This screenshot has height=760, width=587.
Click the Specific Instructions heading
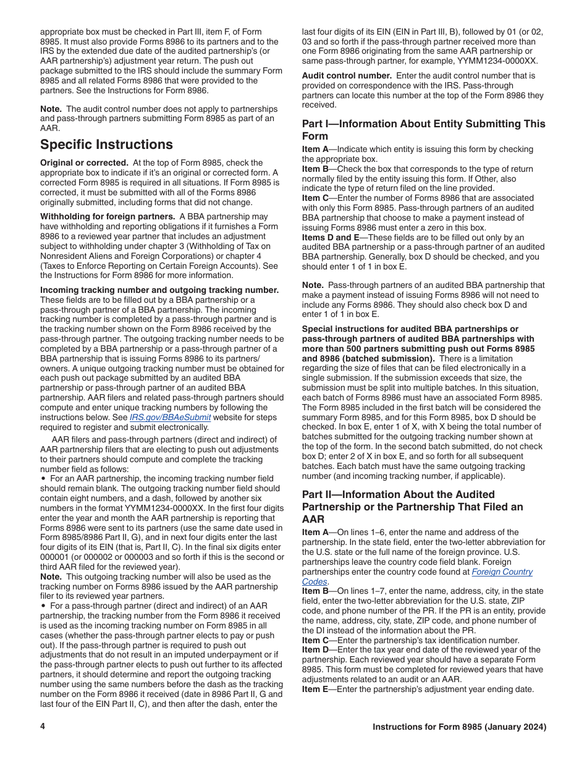pyautogui.click(x=106, y=145)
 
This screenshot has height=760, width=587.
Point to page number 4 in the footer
pyautogui.click(x=43, y=727)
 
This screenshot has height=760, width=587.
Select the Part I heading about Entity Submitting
pyautogui.click(x=423, y=130)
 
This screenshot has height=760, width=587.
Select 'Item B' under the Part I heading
pyautogui.click(x=316, y=169)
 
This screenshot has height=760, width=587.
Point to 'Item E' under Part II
pyautogui.click(x=316, y=690)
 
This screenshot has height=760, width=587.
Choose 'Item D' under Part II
pyautogui.click(x=316, y=650)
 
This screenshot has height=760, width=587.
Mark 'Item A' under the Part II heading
pyautogui.click(x=316, y=532)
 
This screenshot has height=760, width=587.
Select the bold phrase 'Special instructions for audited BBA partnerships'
pyautogui.click(x=410, y=329)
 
